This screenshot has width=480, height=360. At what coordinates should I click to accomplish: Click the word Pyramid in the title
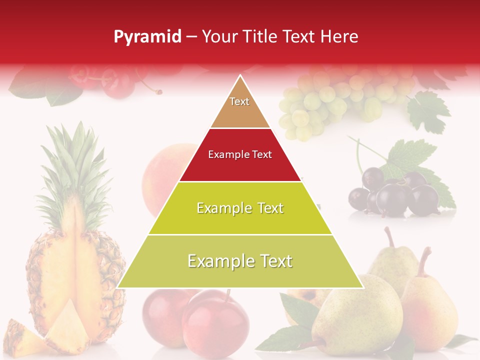point(147,37)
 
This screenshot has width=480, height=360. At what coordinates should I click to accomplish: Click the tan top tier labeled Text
point(239,108)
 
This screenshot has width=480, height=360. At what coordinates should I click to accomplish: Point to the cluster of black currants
point(395,195)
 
